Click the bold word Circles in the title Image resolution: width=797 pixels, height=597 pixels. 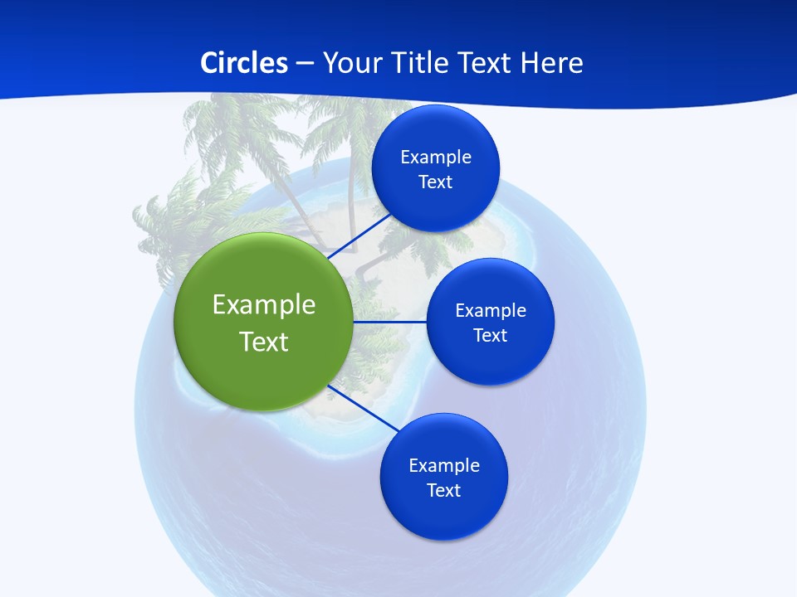(x=244, y=63)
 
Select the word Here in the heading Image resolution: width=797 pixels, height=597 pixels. (x=552, y=63)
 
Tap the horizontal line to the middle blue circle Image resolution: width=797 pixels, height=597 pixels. (x=390, y=322)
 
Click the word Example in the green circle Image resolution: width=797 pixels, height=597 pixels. (x=264, y=304)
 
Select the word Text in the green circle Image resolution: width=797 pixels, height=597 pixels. (x=264, y=342)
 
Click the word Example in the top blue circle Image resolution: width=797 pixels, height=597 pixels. (x=436, y=157)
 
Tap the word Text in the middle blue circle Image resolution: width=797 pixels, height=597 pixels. (x=491, y=335)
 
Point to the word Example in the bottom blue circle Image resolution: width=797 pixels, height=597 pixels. (x=444, y=465)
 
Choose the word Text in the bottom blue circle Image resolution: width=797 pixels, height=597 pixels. (x=444, y=490)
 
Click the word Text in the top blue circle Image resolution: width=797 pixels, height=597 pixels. (x=436, y=182)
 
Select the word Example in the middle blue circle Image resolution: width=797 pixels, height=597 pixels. (x=491, y=310)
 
